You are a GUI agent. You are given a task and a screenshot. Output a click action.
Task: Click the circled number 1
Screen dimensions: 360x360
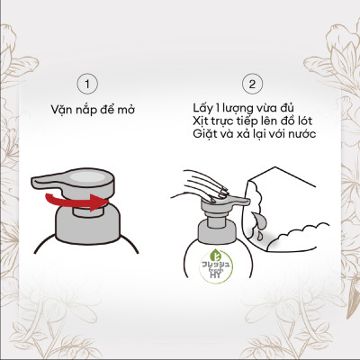click(x=88, y=84)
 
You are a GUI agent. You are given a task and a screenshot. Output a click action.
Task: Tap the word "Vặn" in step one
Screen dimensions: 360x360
click(x=65, y=110)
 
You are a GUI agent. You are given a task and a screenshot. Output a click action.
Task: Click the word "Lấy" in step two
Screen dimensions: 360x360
click(x=204, y=104)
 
